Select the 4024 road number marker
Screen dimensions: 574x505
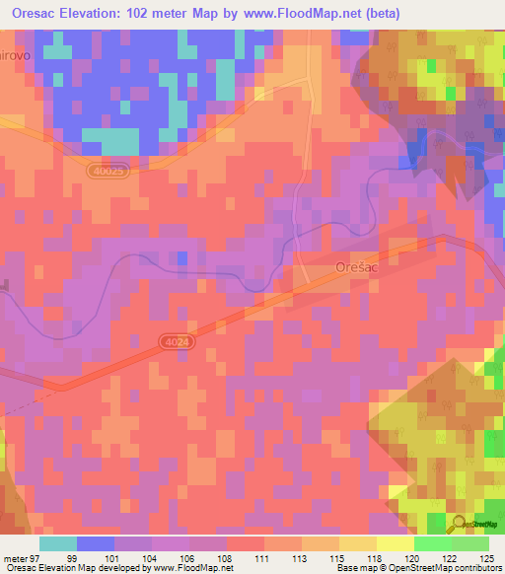click(174, 340)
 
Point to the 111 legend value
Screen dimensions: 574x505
click(264, 559)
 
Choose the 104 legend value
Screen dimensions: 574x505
click(152, 559)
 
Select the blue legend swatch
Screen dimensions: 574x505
click(95, 543)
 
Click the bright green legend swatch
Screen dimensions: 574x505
click(432, 543)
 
